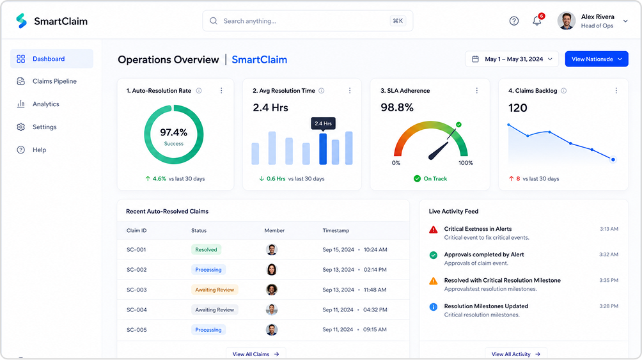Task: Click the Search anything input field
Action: click(x=308, y=21)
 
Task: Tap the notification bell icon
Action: click(x=536, y=21)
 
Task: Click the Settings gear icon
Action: click(x=21, y=127)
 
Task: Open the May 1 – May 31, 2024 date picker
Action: click(x=512, y=59)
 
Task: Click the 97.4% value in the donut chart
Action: click(x=173, y=132)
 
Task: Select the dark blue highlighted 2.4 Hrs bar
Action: click(x=323, y=149)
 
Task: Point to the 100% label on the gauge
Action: click(x=466, y=163)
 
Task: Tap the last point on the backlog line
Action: click(x=613, y=160)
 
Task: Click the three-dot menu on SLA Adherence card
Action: click(x=476, y=91)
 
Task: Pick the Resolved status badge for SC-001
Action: click(x=206, y=249)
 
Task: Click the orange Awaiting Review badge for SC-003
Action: click(x=215, y=290)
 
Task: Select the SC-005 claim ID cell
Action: click(x=136, y=330)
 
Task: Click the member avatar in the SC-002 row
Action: click(x=272, y=269)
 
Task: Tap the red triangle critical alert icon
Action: click(x=433, y=230)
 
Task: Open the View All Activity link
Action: click(x=516, y=354)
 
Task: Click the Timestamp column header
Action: click(x=336, y=231)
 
